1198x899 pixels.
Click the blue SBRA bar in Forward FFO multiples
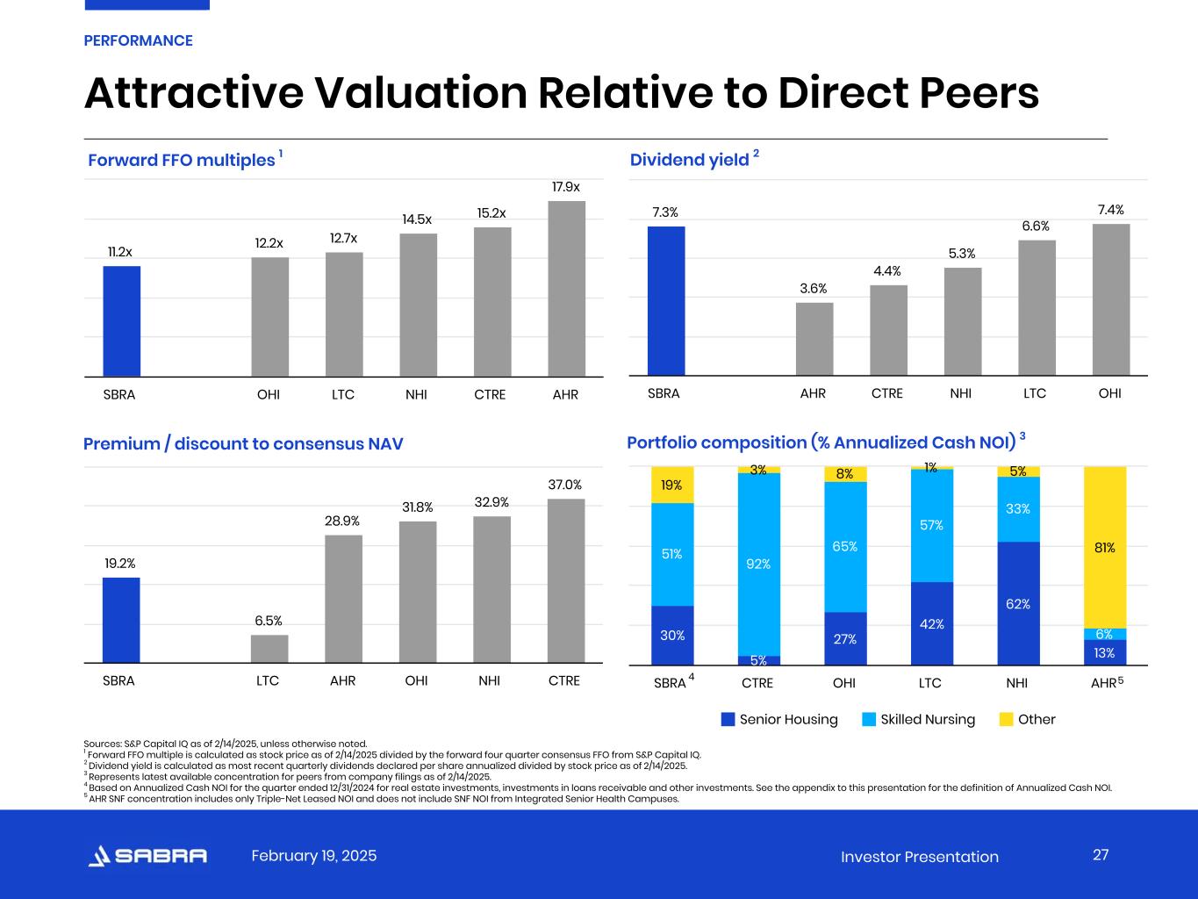122,321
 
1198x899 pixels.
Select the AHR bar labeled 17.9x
566,289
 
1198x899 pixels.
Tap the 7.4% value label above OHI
1110,210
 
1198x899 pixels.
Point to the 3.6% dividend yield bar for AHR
814,339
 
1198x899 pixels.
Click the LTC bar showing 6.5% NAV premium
269,649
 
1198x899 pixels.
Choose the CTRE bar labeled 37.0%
566,581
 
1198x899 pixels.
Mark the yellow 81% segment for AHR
1105,547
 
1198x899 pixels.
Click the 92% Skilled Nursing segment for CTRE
759,565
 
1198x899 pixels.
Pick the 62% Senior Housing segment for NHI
1018,603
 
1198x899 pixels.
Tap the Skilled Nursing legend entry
918,720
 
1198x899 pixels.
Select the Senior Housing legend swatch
728,720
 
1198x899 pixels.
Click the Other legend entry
1028,720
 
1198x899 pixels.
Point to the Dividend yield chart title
690,160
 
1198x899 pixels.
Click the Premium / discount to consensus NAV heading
243,444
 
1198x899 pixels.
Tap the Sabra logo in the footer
148,856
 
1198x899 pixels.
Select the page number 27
1101,855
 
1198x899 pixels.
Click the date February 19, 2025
314,856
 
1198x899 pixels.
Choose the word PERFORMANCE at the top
138,40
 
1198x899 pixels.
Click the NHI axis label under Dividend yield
961,393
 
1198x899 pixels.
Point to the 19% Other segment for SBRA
672,485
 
